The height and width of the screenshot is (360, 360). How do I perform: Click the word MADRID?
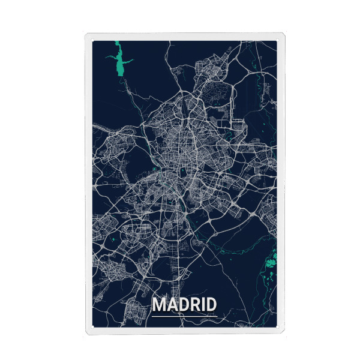(x=184, y=304)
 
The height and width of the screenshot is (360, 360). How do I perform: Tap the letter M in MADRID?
(x=160, y=304)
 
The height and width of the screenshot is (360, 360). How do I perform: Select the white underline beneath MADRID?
(x=184, y=314)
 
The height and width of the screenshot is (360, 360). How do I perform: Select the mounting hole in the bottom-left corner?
(x=92, y=328)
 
